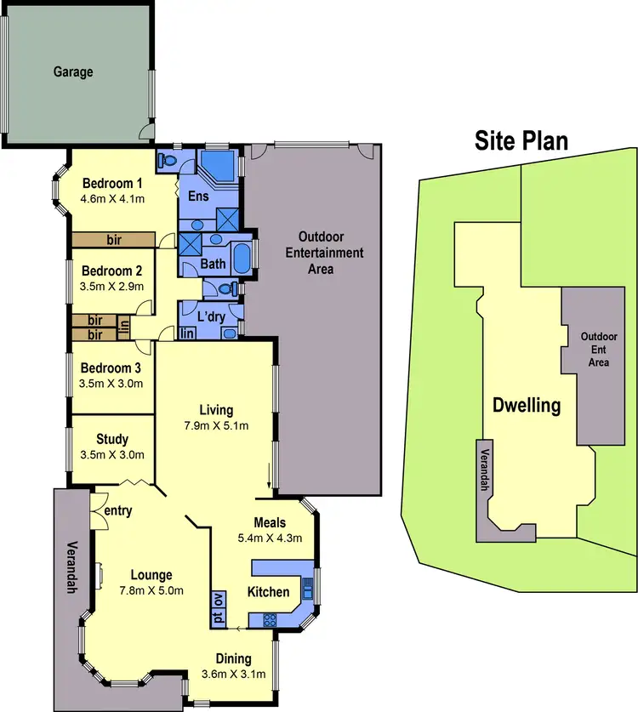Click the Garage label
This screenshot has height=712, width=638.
point(73,72)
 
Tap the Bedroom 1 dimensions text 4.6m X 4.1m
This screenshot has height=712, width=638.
point(112,200)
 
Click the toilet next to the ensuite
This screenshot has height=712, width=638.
point(168,159)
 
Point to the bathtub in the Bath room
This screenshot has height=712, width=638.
point(242,258)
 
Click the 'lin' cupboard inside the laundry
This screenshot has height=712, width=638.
point(187,333)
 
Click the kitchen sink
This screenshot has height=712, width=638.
point(308,585)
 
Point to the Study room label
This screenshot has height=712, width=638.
point(112,439)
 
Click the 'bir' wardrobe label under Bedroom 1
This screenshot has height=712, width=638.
point(114,241)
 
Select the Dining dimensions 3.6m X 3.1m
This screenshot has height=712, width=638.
point(233,675)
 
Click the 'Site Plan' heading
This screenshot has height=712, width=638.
point(521,140)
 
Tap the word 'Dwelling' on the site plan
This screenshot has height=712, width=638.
point(527,405)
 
